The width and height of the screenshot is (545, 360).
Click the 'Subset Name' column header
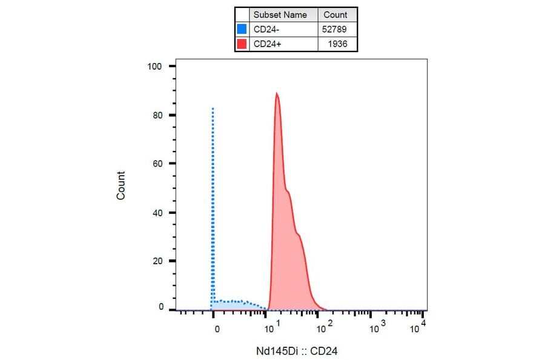tap(280, 15)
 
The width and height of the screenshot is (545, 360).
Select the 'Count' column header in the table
tap(335, 15)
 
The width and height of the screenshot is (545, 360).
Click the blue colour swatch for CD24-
tap(242, 29)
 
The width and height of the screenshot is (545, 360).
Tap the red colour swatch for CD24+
tap(242, 44)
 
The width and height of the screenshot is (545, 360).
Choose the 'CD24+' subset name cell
tap(266, 44)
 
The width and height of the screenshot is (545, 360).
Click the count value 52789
tap(335, 29)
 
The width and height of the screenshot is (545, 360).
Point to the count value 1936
tap(337, 44)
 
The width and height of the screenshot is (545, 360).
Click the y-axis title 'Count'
tap(121, 185)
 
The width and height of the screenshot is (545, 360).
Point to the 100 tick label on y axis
tap(156, 66)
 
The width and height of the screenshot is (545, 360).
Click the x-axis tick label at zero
tap(216, 328)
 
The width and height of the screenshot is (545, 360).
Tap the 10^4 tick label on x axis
tap(418, 328)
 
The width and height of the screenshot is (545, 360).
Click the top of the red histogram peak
tap(276, 93)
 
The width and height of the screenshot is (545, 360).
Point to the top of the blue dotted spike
tap(213, 108)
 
